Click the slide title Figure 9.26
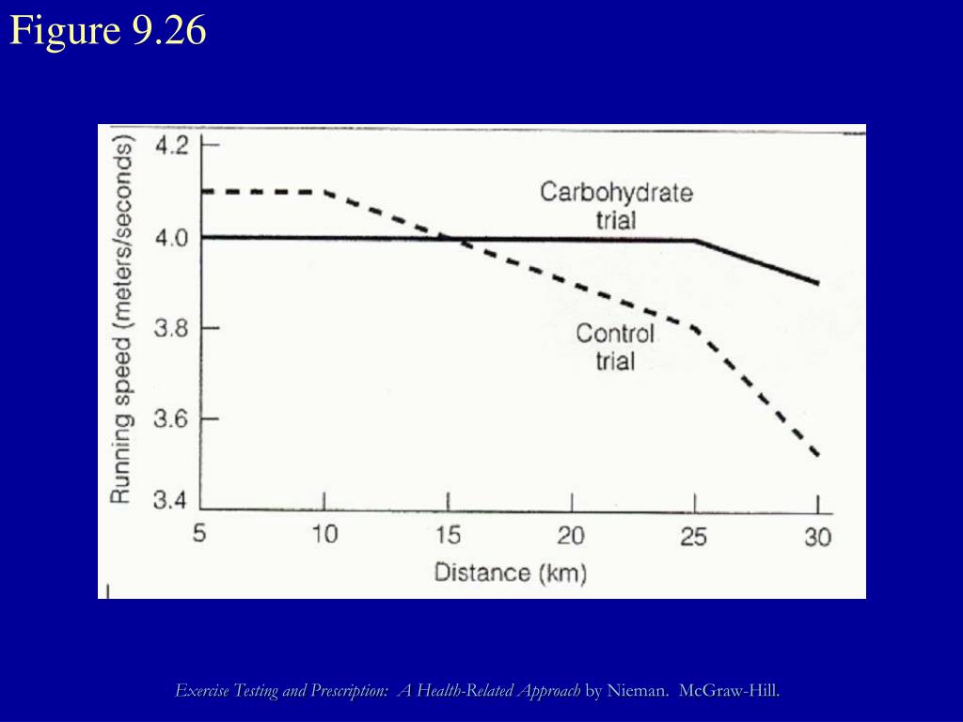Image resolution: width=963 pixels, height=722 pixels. [x=108, y=32]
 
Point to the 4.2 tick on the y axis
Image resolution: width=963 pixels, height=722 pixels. [x=172, y=146]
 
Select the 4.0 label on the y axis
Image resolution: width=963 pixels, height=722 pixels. [x=172, y=237]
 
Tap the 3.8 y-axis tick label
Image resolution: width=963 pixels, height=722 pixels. [x=172, y=328]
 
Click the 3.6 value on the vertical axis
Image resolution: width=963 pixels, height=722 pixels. [x=172, y=419]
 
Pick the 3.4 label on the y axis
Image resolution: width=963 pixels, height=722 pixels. [x=172, y=500]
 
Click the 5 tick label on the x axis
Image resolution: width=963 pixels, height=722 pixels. [x=200, y=536]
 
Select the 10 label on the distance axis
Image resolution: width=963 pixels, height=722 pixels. [x=324, y=536]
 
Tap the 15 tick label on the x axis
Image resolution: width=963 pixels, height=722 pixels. [x=448, y=536]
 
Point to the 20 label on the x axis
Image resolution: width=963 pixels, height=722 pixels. [x=571, y=536]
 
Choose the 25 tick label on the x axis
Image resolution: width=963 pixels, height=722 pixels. [x=694, y=536]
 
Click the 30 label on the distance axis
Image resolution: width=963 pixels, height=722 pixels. [x=817, y=536]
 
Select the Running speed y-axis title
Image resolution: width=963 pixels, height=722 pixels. [x=121, y=320]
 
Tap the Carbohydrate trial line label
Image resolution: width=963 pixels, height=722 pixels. [x=616, y=206]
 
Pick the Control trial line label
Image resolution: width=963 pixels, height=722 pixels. [x=615, y=346]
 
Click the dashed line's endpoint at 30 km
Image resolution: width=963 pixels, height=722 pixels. [x=818, y=456]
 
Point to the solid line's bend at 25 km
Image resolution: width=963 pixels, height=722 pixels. [x=695, y=241]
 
